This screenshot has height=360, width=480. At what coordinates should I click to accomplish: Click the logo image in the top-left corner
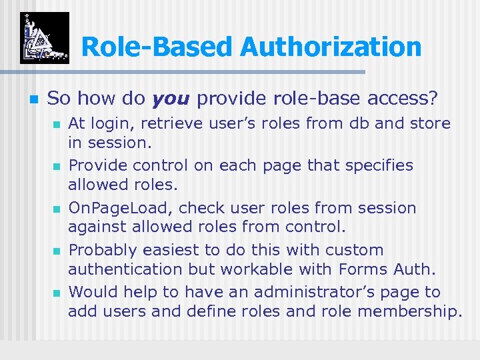[44, 37]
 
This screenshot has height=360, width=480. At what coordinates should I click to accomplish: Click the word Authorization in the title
[331, 47]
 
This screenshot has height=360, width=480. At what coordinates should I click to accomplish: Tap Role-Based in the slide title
[157, 47]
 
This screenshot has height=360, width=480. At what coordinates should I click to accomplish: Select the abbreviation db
[351, 124]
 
